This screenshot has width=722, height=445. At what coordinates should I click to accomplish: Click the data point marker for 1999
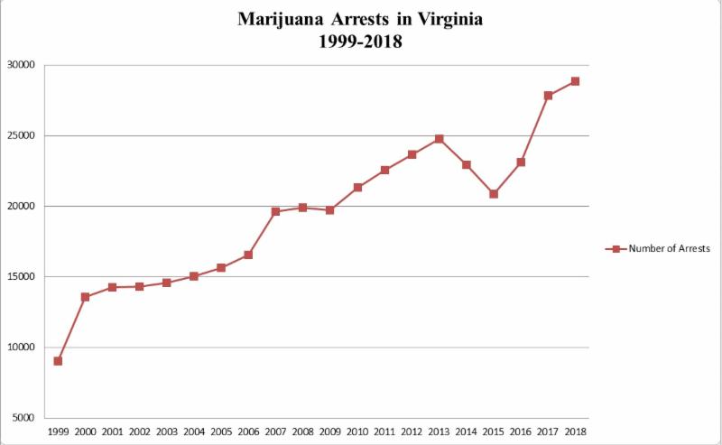point(58,361)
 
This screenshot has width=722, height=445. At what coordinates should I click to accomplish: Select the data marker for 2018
point(575,81)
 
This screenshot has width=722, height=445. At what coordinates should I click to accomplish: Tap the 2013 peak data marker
point(439,139)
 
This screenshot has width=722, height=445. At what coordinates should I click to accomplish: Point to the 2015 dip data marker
point(494,194)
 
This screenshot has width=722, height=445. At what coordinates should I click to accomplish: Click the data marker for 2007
point(275,211)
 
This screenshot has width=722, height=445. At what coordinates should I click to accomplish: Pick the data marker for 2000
point(85,297)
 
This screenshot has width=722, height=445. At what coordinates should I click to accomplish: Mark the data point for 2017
point(548,95)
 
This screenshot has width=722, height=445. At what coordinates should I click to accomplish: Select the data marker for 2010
point(357,188)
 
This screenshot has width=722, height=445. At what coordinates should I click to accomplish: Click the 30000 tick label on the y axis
point(21,65)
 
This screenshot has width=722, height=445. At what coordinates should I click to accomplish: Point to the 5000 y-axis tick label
point(23,418)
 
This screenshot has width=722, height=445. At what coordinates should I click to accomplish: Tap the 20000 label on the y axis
point(21,206)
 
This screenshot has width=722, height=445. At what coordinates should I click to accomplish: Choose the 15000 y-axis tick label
point(21,277)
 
